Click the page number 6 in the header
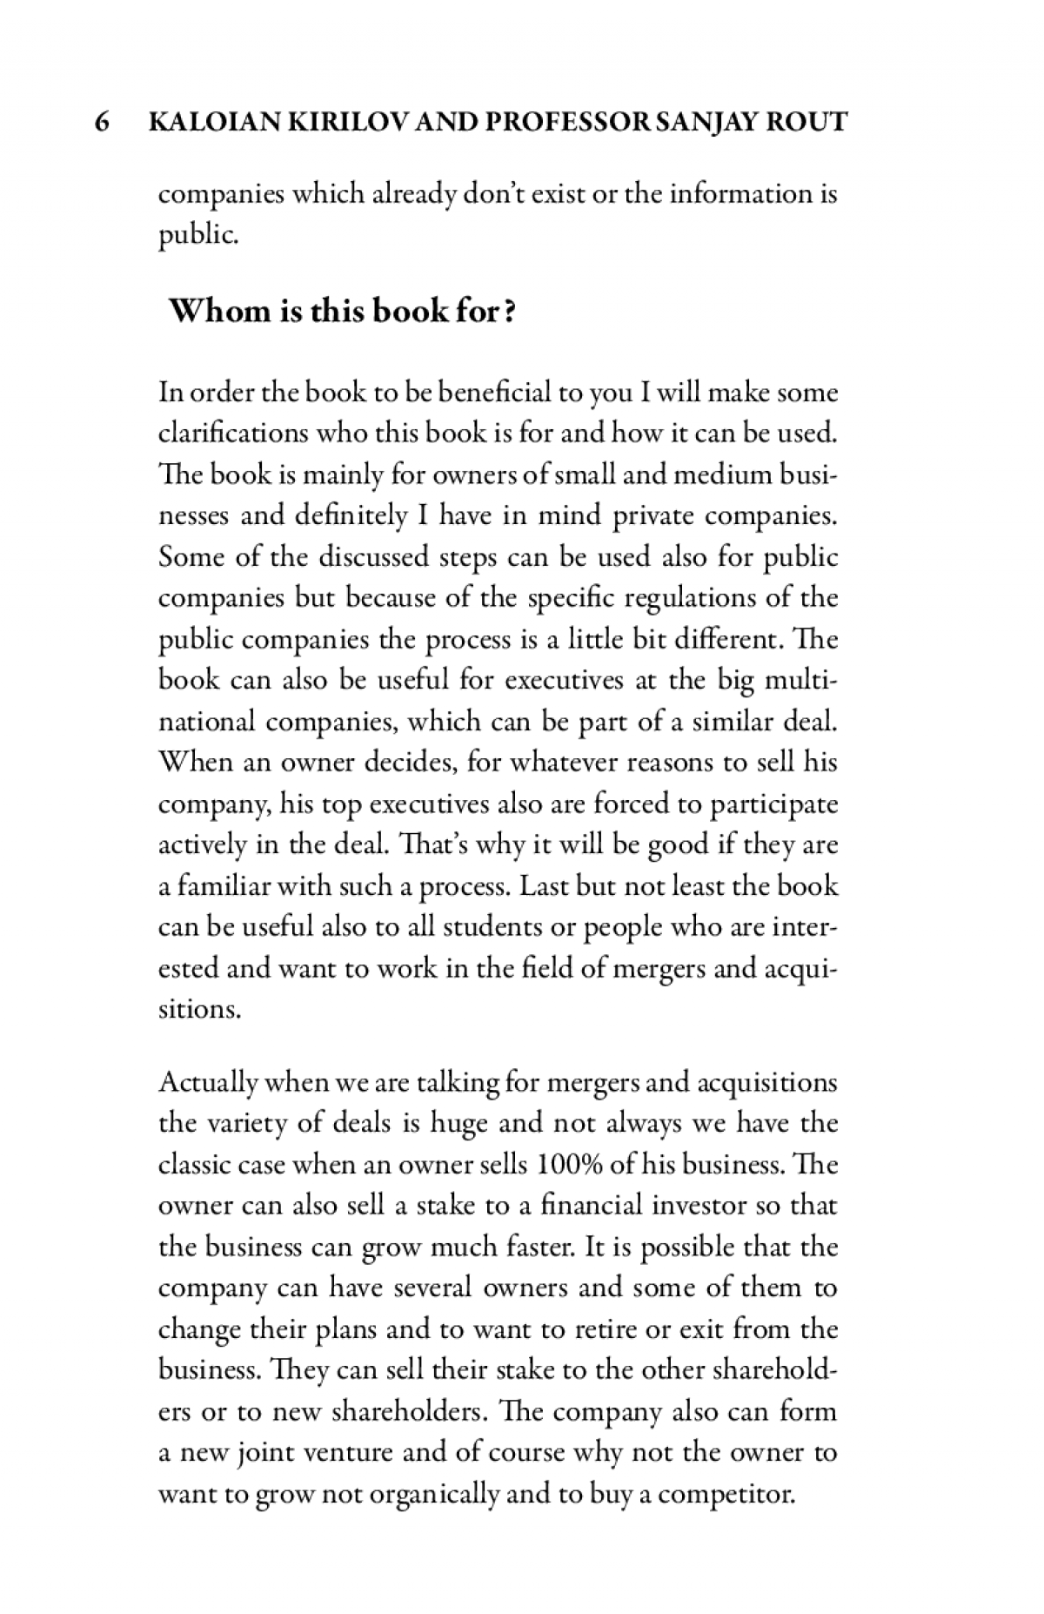[x=101, y=121]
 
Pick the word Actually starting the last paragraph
[x=209, y=1083]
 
